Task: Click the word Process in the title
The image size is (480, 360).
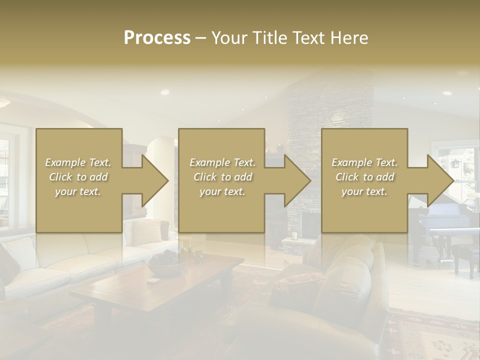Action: [157, 37]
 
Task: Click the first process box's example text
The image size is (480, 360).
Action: [78, 176]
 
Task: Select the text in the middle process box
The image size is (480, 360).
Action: [222, 176]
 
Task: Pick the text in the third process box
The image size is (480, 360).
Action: [364, 176]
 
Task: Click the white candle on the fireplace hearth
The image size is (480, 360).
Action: [295, 235]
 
